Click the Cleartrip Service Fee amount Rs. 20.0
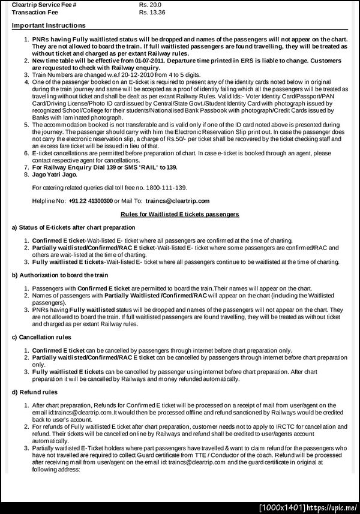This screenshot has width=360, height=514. click(x=150, y=4)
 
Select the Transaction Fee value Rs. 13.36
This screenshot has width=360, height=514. click(x=152, y=11)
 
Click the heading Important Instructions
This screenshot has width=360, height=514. click(x=49, y=25)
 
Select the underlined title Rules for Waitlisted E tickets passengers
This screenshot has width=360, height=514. click(x=180, y=214)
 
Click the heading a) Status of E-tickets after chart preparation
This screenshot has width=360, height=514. click(x=73, y=227)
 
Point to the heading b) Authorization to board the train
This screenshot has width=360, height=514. click(x=60, y=275)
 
